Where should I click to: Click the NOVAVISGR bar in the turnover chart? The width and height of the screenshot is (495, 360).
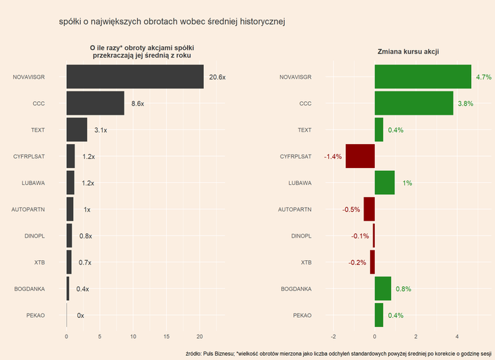(x=134, y=77)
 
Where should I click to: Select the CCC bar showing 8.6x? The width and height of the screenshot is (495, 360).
(x=95, y=103)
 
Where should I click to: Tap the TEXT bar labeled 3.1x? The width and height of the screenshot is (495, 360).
(x=77, y=130)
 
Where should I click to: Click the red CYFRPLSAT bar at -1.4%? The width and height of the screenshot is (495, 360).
(x=360, y=156)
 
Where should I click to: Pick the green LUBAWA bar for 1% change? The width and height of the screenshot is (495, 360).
(x=385, y=183)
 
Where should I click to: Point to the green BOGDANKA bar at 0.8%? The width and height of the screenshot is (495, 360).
(x=382, y=288)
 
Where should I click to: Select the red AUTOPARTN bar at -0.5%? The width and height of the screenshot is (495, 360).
(x=369, y=210)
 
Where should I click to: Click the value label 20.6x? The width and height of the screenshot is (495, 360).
(x=217, y=77)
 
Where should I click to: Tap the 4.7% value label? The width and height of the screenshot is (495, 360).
(x=484, y=77)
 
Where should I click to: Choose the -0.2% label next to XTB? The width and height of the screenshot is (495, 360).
(x=357, y=262)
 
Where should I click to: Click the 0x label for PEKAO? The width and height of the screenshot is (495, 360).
(x=80, y=316)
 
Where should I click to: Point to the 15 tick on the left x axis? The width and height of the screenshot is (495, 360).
(x=167, y=336)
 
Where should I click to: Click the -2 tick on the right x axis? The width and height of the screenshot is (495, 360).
(x=333, y=336)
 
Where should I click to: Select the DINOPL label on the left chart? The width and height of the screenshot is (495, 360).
(x=34, y=236)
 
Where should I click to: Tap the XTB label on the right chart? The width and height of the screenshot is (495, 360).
(x=306, y=262)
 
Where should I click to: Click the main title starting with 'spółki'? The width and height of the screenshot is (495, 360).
(x=172, y=22)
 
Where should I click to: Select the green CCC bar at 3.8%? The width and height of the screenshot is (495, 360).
(x=413, y=103)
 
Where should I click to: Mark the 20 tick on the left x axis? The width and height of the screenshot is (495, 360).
(x=200, y=336)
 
